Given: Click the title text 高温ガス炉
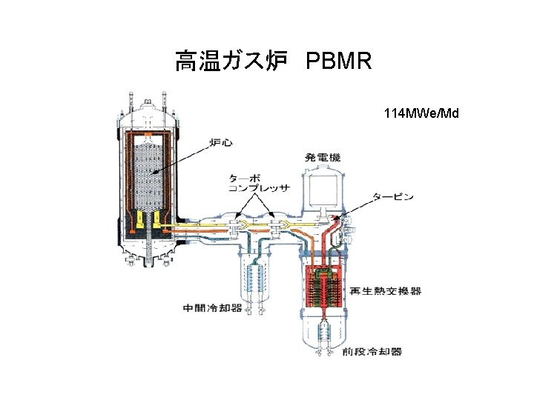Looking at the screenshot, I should (x=231, y=61).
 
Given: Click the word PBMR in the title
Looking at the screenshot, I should (x=337, y=61).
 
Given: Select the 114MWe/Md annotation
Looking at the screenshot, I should (x=421, y=113).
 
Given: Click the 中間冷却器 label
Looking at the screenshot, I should (x=212, y=307).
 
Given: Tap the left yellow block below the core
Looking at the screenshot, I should (x=139, y=218).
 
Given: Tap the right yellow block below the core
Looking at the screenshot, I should (x=158, y=218).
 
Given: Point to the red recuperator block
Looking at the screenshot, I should (x=323, y=285).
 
